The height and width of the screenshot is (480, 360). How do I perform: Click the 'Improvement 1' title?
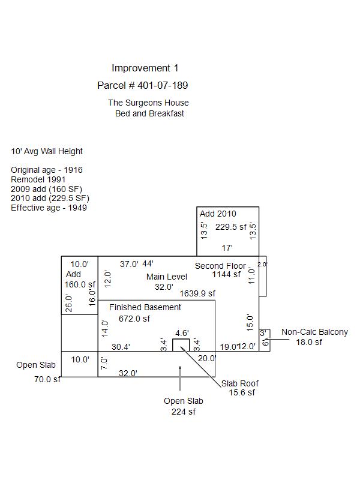[x=145, y=68]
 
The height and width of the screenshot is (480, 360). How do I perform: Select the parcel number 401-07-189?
[x=142, y=86]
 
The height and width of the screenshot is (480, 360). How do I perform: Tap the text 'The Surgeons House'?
[x=148, y=103]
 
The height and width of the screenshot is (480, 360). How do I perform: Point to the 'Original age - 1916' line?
[x=47, y=170]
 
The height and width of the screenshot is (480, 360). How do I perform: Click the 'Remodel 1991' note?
[x=38, y=179]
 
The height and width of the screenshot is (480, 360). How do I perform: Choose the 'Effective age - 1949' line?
[x=49, y=208]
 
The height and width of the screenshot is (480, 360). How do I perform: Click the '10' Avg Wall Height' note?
[x=47, y=152]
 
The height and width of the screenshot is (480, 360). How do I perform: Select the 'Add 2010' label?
[x=218, y=214]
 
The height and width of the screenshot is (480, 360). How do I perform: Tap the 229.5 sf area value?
[x=231, y=227]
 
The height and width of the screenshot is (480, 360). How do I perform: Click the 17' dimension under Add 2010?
[x=227, y=248]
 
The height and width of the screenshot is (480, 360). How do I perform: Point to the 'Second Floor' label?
[x=220, y=266]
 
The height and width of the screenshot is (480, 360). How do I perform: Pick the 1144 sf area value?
[x=226, y=275]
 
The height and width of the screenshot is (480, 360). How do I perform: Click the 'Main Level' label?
[x=167, y=277]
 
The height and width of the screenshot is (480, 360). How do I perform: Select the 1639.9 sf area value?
[x=197, y=293]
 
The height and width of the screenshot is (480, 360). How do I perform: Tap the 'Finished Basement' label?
[x=145, y=308]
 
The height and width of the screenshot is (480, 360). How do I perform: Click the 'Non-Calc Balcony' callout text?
[x=314, y=332]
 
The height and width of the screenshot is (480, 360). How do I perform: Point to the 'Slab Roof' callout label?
[x=240, y=384]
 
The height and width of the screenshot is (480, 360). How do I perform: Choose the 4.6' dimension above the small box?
[x=182, y=333]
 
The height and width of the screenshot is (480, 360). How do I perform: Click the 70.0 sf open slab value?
[x=47, y=379]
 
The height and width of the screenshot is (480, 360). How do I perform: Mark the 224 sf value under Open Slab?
[x=184, y=412]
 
